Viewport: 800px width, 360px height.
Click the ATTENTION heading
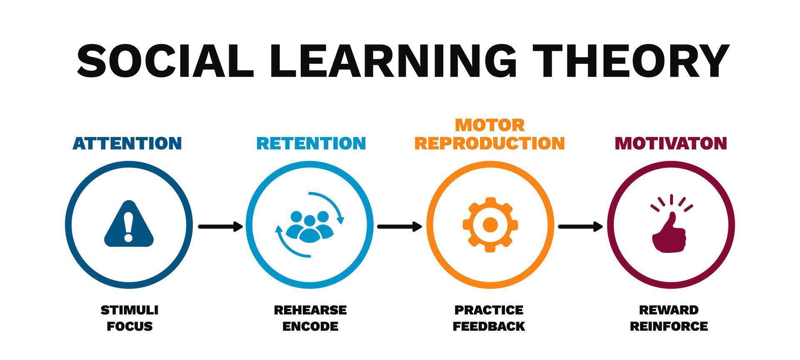point(127,143)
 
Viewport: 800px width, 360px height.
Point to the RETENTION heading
point(311,143)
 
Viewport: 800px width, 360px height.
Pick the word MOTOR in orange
point(490,125)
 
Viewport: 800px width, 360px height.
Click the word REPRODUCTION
point(490,143)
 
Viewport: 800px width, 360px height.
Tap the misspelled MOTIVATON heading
point(671,143)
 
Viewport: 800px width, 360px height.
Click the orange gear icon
point(490,225)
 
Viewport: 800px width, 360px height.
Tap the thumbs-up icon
point(669,231)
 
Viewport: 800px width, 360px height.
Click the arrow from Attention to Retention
point(220,227)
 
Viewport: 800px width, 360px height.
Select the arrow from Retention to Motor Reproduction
point(399,227)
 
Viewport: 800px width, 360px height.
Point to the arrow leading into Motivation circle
point(580,227)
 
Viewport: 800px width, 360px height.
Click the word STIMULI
point(130,310)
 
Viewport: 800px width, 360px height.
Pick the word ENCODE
point(310,326)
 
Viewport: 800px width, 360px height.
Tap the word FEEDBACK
point(489,326)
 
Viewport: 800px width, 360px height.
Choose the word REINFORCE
point(669,326)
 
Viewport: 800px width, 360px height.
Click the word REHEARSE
point(310,310)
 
